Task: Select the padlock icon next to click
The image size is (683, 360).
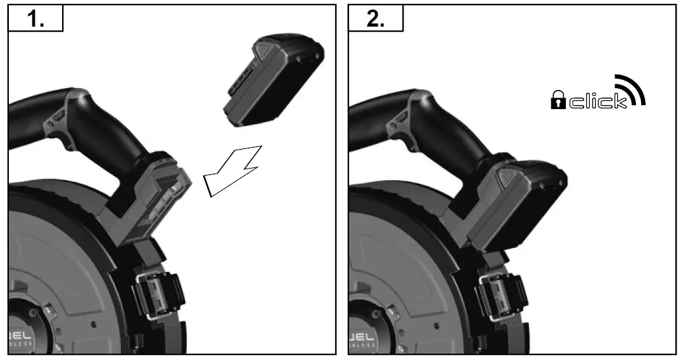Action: point(558,100)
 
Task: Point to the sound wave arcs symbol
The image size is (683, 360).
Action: point(630,89)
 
